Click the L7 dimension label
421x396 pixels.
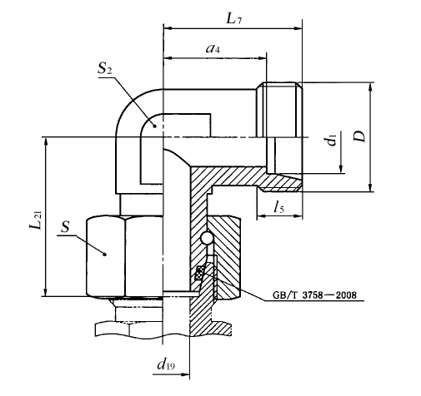233,19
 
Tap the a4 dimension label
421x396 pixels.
213,48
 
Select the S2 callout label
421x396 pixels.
105,68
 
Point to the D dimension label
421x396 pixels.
360,136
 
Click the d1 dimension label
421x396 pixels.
332,139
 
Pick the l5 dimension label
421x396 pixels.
278,207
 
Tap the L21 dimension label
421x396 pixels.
36,220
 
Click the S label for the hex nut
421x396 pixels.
65,227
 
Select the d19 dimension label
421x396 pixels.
166,364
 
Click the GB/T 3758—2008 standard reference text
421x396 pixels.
314,295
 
